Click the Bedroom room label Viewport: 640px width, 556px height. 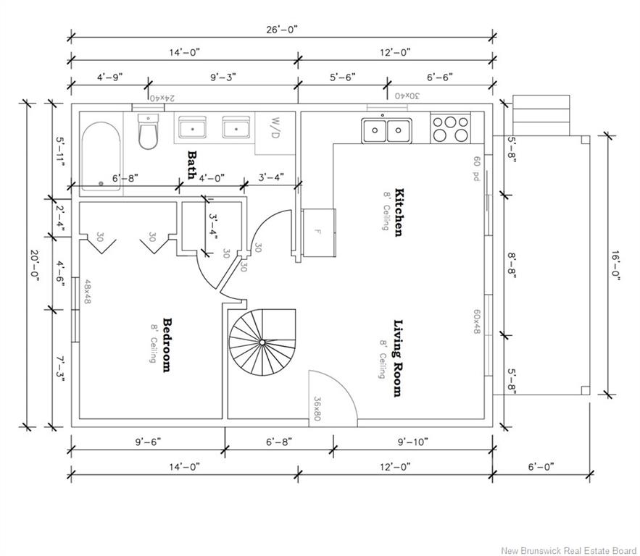(167, 345)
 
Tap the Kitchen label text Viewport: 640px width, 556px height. (399, 212)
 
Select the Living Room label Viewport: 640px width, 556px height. (398, 358)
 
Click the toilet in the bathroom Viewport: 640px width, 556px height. (147, 131)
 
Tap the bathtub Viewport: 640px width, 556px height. (101, 156)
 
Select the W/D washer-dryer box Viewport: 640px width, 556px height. (275, 133)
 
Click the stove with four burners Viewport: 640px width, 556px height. (450, 128)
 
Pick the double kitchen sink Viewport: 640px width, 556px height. (386, 130)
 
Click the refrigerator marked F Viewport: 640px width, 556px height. (319, 232)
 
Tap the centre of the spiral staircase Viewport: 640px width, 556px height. (262, 342)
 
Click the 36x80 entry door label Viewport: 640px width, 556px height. (317, 408)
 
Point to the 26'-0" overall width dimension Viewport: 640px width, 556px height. (283, 30)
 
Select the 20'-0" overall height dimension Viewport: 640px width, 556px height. (34, 266)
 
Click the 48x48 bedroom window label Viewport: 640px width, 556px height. (88, 291)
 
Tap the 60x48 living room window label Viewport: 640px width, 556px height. (477, 321)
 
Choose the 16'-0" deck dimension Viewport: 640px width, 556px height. (615, 266)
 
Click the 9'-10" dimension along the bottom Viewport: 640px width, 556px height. (413, 442)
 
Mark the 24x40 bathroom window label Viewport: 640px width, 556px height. (162, 98)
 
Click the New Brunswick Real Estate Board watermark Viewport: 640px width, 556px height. (568, 550)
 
